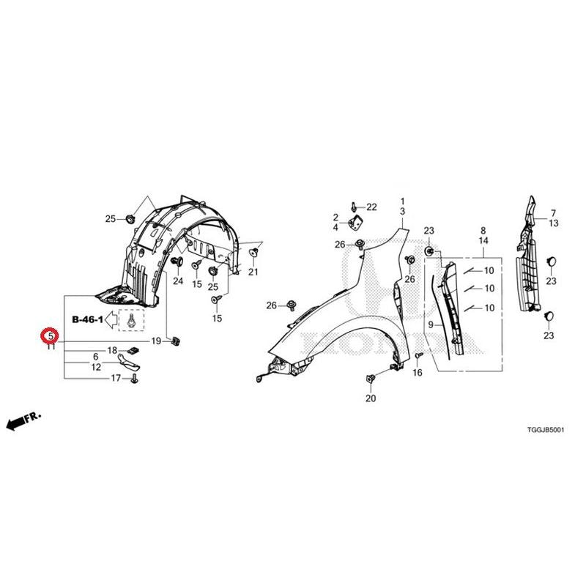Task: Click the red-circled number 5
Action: [51, 335]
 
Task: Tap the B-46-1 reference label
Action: [87, 319]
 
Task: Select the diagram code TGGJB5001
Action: [545, 430]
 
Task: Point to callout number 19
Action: [156, 341]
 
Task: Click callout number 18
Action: [113, 351]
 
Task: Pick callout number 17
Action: [116, 378]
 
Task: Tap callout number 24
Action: [178, 281]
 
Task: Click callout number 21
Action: [253, 272]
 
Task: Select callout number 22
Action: [371, 207]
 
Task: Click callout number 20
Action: [371, 398]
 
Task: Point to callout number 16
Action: [418, 372]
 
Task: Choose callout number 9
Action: [431, 324]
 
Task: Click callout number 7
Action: [553, 213]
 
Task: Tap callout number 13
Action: [554, 223]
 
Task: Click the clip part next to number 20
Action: [371, 379]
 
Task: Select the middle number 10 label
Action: [489, 288]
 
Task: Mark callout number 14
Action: [483, 241]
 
